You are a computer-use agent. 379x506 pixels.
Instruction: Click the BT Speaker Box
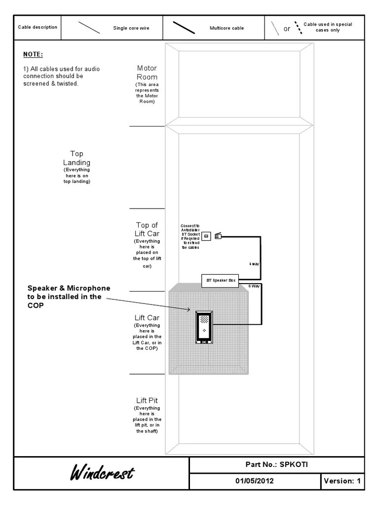(x=220, y=281)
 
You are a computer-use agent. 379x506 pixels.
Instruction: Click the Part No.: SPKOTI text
(x=277, y=464)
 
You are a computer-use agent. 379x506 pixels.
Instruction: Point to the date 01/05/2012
(x=255, y=481)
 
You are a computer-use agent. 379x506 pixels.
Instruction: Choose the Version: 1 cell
(x=342, y=481)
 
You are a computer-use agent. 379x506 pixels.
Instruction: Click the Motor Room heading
(x=147, y=73)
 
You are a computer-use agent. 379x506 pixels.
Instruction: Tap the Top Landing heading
(x=76, y=158)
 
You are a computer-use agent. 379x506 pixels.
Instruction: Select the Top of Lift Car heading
(x=147, y=229)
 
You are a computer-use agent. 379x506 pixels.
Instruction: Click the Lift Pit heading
(x=147, y=400)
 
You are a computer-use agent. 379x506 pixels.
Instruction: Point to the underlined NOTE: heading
(x=33, y=54)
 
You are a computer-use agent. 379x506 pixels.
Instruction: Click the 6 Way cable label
(x=254, y=286)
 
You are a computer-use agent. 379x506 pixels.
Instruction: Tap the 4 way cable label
(x=254, y=264)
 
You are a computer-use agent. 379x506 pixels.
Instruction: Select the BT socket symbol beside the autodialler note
(x=206, y=236)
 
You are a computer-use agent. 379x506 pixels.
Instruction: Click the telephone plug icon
(x=218, y=236)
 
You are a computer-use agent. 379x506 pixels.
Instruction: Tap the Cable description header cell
(x=38, y=27)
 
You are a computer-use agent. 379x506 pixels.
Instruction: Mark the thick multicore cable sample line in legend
(x=184, y=28)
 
